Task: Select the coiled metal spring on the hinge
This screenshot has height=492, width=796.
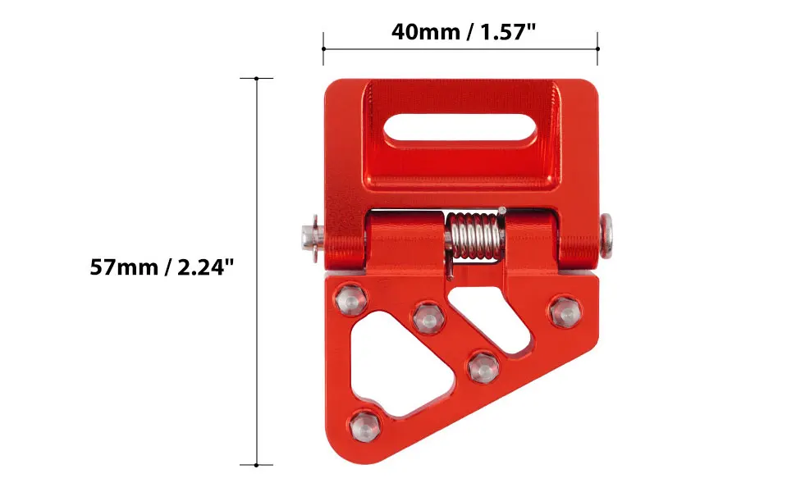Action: coord(474,236)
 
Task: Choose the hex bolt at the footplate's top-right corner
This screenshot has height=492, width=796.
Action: coord(564,311)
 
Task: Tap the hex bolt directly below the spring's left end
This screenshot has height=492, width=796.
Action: coord(428,317)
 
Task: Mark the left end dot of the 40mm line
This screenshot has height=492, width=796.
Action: coord(323,49)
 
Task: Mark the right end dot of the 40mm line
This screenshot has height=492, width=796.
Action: coord(597,49)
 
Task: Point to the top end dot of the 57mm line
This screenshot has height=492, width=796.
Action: coord(257,79)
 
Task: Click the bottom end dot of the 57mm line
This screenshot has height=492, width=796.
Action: coord(257,465)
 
